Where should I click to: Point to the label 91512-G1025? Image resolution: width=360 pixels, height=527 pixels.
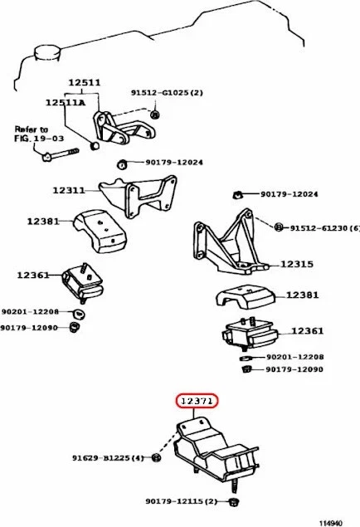[167, 94]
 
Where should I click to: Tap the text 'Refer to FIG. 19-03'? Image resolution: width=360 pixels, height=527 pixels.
[31, 134]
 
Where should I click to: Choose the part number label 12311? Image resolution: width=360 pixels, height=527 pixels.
[69, 190]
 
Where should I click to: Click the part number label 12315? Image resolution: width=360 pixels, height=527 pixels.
[296, 264]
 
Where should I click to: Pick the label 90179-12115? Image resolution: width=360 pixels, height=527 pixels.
[180, 501]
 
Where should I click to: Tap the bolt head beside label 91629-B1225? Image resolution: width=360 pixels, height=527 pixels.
[157, 457]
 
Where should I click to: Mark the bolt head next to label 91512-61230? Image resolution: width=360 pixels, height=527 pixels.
[279, 227]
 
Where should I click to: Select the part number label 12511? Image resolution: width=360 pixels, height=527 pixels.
[84, 83]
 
